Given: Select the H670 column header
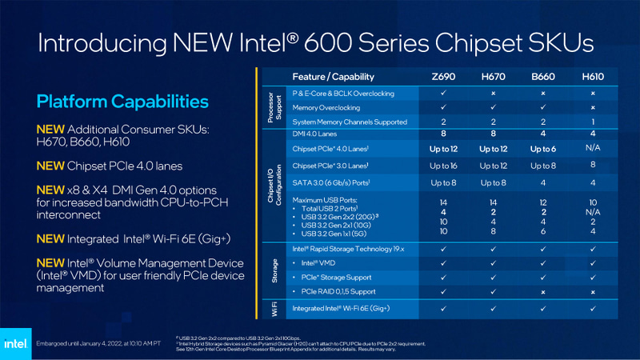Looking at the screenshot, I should click(x=493, y=77).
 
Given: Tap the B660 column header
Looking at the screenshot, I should click(x=542, y=77).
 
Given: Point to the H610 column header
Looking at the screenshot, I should click(x=593, y=77).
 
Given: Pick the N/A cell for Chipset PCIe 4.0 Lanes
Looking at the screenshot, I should click(x=593, y=148).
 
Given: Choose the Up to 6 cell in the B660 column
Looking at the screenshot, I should click(x=542, y=148).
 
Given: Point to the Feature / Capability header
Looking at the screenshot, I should click(x=334, y=77).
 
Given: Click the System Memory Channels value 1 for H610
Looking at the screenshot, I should click(x=593, y=122).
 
